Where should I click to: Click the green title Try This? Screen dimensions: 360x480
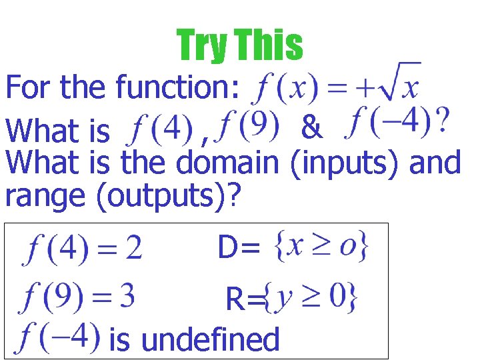[x=239, y=45]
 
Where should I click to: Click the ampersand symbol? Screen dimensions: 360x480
[x=311, y=127]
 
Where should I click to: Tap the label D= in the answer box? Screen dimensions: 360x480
[x=238, y=249]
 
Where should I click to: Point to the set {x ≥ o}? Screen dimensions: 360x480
[x=321, y=246]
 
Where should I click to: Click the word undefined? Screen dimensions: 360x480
[x=211, y=339]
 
